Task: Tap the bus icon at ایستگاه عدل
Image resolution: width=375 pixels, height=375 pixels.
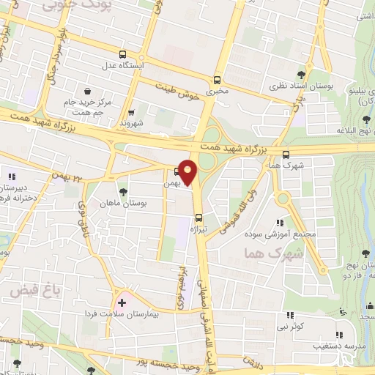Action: [x=123, y=53]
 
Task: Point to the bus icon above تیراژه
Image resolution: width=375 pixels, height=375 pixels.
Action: [x=199, y=217]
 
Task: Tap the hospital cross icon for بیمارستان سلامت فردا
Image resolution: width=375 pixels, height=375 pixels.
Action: [x=122, y=301]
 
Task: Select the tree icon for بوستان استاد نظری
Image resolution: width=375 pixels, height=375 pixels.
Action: [x=301, y=73]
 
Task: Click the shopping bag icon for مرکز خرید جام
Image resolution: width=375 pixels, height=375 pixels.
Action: [x=88, y=92]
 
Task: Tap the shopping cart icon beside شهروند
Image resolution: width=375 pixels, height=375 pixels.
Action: [x=131, y=113]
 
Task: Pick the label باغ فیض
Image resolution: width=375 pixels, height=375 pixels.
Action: [x=29, y=290]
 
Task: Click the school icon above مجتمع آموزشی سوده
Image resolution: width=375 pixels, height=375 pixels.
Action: [x=279, y=223]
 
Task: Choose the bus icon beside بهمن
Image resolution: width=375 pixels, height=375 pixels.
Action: [x=178, y=172]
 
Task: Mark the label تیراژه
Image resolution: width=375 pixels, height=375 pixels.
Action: [x=200, y=229]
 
